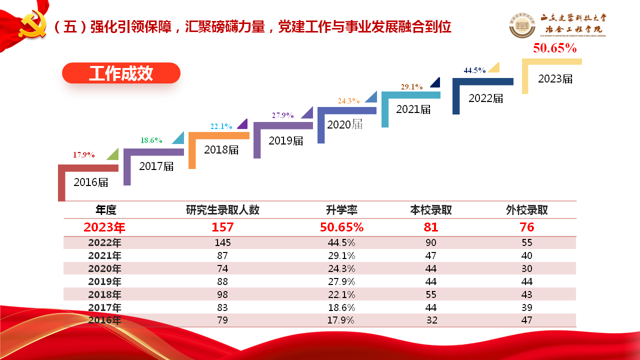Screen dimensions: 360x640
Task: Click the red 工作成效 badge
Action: [x=121, y=73]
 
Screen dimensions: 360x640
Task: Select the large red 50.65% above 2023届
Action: [x=555, y=48]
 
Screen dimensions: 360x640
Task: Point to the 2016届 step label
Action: [x=91, y=182]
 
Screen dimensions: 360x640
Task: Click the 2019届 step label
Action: [x=286, y=141]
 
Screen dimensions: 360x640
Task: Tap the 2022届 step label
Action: [x=486, y=98]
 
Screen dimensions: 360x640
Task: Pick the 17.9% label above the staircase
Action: [x=84, y=155]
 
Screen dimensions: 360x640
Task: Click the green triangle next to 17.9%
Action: [x=113, y=154]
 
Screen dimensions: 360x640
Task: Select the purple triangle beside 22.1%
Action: [x=242, y=124]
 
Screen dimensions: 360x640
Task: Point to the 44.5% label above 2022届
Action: [x=474, y=70]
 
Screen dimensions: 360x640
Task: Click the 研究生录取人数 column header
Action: [x=222, y=210]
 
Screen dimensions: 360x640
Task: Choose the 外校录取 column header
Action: [x=527, y=210]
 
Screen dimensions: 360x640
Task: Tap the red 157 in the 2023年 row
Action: [x=222, y=227]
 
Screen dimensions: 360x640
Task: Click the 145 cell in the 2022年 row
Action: [x=222, y=243]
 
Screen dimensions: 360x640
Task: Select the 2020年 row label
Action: [x=104, y=269]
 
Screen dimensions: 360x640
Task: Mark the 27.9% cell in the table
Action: [x=341, y=282]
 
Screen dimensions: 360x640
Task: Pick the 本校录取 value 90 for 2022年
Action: [x=431, y=243]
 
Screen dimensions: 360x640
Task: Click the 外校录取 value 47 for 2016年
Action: [x=526, y=320]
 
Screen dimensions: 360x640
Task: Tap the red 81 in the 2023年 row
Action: [x=431, y=227]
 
